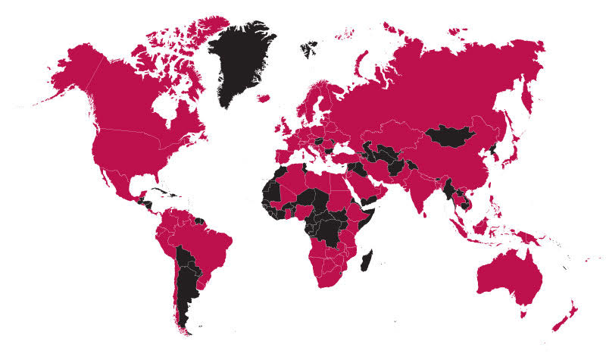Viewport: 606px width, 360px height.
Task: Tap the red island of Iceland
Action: point(264,98)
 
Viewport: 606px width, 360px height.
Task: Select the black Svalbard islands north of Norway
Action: point(310,49)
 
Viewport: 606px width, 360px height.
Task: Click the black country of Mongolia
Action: point(450,136)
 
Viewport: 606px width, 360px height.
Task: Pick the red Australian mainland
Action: point(508,273)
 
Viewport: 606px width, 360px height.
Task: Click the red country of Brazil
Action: point(212,243)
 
